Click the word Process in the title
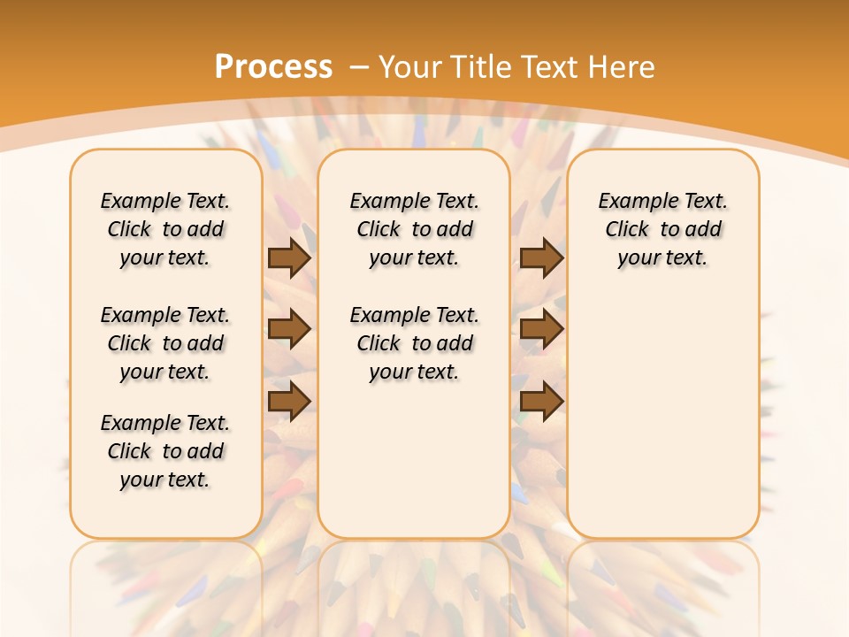273,67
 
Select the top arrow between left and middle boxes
289,258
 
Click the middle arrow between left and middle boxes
289,329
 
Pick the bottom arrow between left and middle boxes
289,401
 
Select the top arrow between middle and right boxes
541,258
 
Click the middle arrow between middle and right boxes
541,329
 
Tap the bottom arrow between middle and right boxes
541,401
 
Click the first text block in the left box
165,229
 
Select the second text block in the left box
165,343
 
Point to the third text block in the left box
165,451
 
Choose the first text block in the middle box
414,229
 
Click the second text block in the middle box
414,343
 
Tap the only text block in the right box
662,229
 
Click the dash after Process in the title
359,67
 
